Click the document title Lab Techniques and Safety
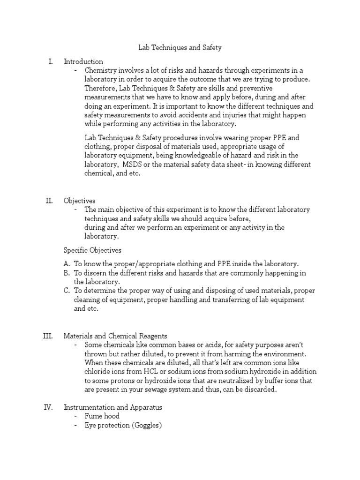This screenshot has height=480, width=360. (x=180, y=47)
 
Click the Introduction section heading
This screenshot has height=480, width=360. (x=83, y=61)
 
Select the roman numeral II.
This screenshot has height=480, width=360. (x=49, y=201)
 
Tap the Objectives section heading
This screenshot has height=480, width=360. (x=80, y=201)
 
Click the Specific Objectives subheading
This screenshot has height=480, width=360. (x=92, y=250)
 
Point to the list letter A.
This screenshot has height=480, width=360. (x=66, y=264)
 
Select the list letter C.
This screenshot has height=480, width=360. (x=66, y=291)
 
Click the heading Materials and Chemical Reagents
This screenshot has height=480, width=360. (x=115, y=336)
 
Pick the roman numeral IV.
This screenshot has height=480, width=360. (x=48, y=407)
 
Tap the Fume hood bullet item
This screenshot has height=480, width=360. (x=102, y=416)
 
